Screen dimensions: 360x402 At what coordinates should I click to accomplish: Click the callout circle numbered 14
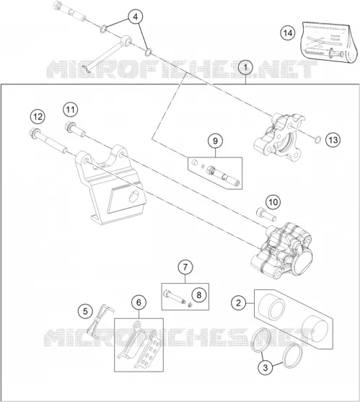(x=288, y=33)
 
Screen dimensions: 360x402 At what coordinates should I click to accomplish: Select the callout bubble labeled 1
(x=245, y=68)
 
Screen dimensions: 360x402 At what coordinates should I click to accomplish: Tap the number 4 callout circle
(x=136, y=17)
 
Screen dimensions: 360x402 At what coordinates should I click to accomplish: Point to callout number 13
(x=333, y=140)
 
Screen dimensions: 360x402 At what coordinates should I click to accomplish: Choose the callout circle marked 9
(x=215, y=141)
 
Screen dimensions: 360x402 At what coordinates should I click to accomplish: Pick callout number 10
(x=273, y=202)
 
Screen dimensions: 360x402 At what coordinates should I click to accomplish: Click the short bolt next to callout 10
(x=266, y=214)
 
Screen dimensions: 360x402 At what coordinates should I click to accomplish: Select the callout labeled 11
(x=71, y=110)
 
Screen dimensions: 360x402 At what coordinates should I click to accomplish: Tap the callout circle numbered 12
(x=38, y=117)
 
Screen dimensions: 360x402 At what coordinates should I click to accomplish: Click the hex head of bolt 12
(x=34, y=133)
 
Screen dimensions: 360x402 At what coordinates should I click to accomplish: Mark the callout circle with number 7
(x=185, y=267)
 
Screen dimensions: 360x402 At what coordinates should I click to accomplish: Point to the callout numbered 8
(x=199, y=295)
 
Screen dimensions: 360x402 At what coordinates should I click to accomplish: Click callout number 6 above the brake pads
(x=139, y=302)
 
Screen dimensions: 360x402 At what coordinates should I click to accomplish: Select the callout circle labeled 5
(x=85, y=312)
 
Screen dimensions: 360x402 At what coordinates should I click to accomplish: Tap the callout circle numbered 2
(x=239, y=303)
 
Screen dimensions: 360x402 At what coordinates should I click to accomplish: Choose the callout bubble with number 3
(x=265, y=367)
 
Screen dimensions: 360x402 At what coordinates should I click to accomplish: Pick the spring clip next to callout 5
(x=100, y=321)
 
